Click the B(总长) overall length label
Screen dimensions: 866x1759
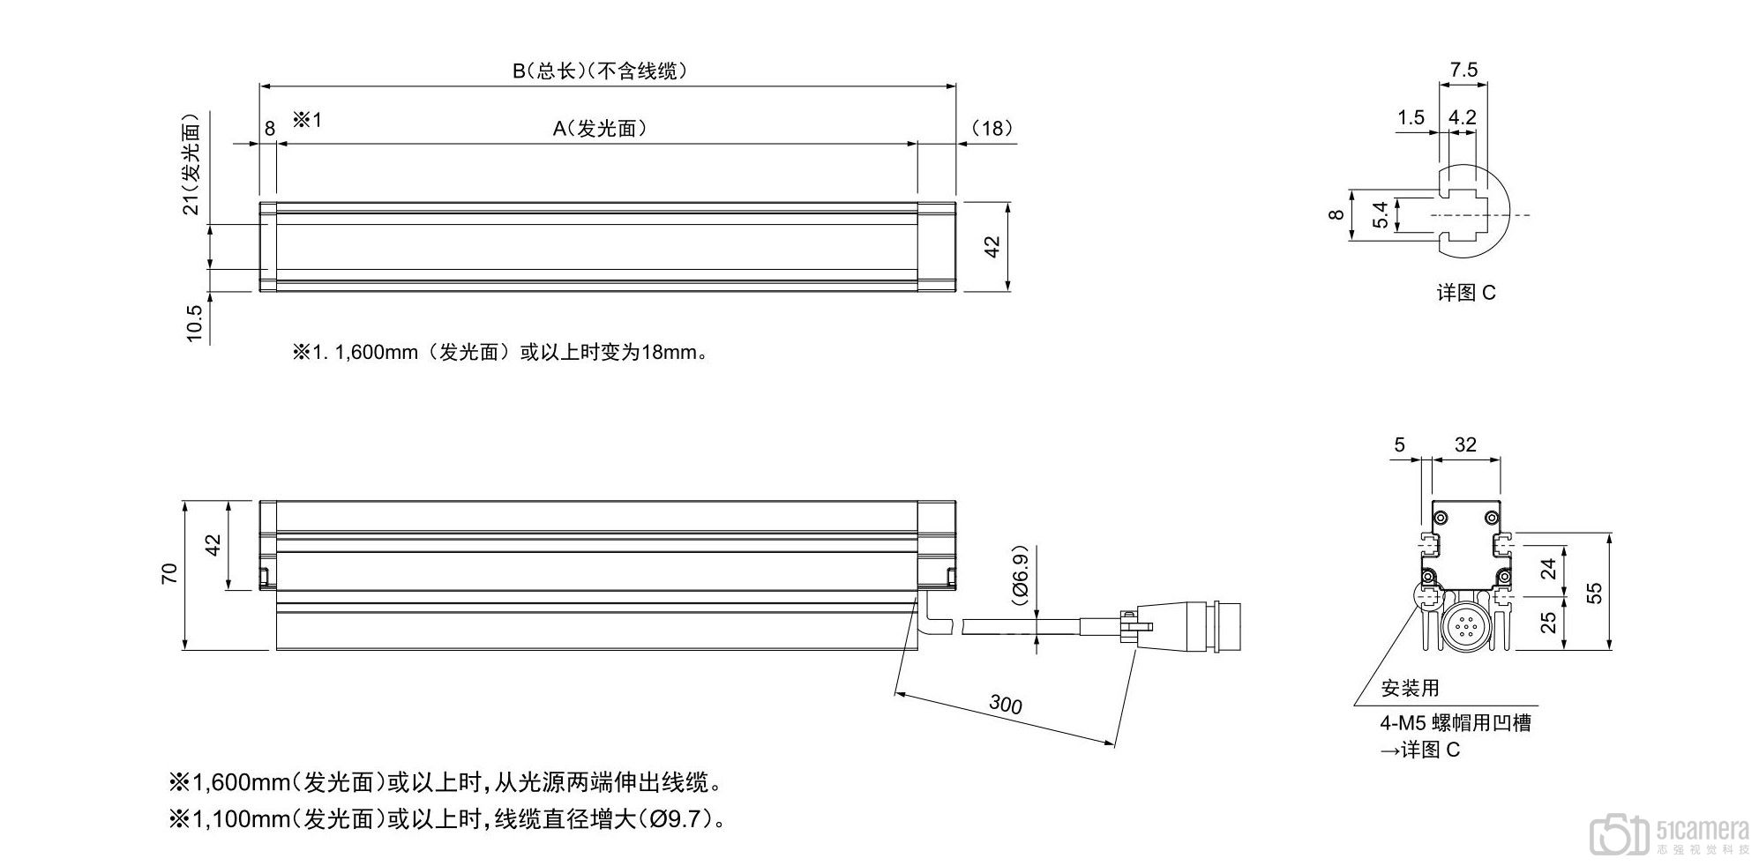(600, 71)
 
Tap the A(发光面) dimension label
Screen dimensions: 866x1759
(600, 129)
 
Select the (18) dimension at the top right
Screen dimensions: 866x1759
(992, 129)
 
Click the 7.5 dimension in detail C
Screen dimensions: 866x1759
(1463, 70)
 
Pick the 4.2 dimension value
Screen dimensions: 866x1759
(1463, 117)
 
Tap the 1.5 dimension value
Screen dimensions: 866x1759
(1411, 117)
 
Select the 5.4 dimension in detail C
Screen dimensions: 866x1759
(1381, 214)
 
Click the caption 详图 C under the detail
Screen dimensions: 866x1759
(1466, 293)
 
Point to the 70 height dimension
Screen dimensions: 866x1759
(170, 573)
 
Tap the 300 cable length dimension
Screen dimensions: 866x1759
(1005, 704)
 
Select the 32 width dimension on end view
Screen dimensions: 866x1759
(1465, 445)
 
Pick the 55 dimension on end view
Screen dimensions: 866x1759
(1594, 593)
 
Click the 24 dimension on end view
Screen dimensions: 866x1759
(1548, 570)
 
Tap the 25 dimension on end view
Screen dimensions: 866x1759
(1548, 623)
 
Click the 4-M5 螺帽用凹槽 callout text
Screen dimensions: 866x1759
(1456, 723)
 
